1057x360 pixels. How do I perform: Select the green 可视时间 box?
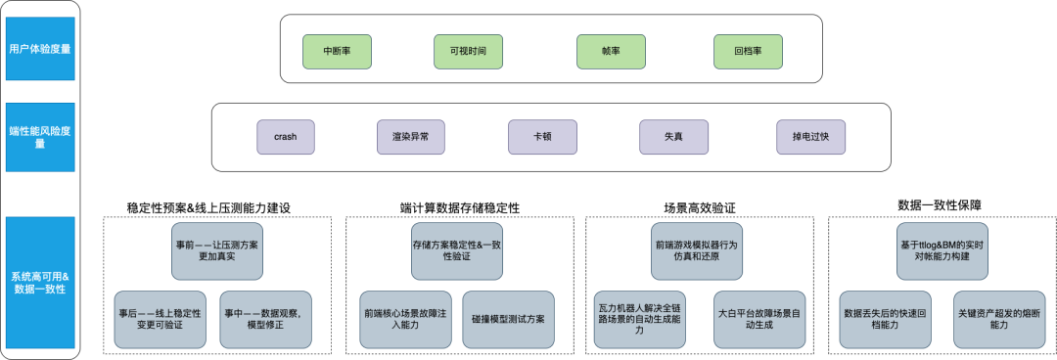pyautogui.click(x=475, y=49)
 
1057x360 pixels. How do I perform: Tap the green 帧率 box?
pyautogui.click(x=612, y=49)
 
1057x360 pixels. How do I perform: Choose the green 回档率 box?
pyautogui.click(x=749, y=49)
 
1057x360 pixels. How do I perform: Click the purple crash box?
pyautogui.click(x=286, y=136)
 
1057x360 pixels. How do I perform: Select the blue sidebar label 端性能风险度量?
pyautogui.click(x=38, y=136)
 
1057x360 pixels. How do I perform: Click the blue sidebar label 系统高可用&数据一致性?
pyautogui.click(x=38, y=284)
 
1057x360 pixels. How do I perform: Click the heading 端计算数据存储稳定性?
pyautogui.click(x=460, y=207)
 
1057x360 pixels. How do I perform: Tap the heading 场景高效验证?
pyautogui.click(x=699, y=207)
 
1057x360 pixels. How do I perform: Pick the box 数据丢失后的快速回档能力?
pyautogui.click(x=880, y=319)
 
